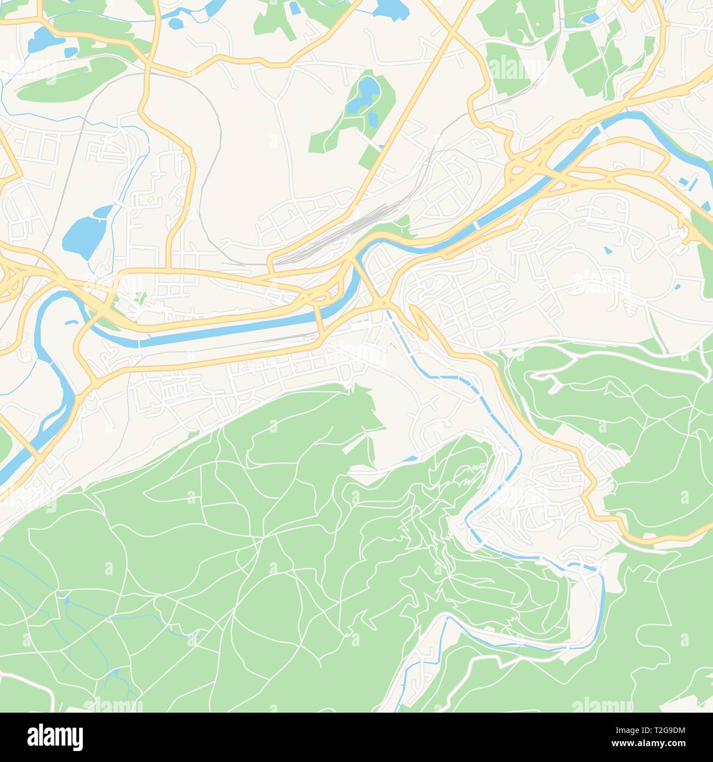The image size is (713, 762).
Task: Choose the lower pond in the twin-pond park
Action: click(x=373, y=117)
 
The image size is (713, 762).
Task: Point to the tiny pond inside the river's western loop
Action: click(x=70, y=322)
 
